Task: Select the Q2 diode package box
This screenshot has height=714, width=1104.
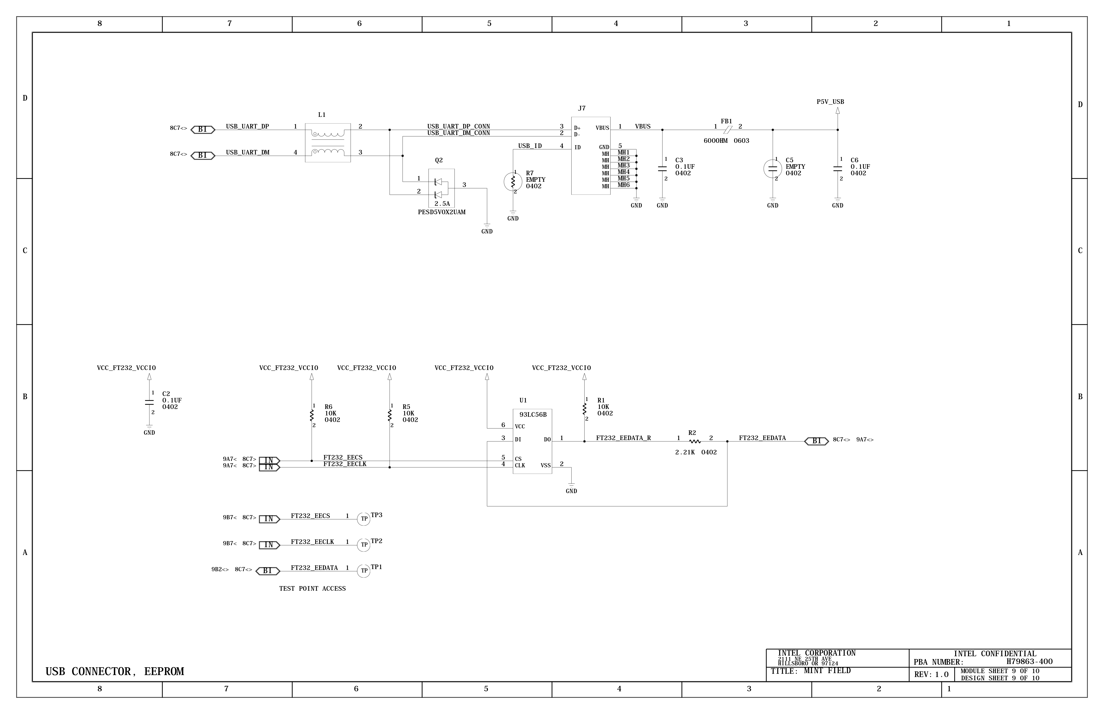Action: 441,188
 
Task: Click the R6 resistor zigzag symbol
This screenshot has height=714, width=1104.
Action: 312,415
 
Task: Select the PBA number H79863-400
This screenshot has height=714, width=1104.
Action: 1029,662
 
